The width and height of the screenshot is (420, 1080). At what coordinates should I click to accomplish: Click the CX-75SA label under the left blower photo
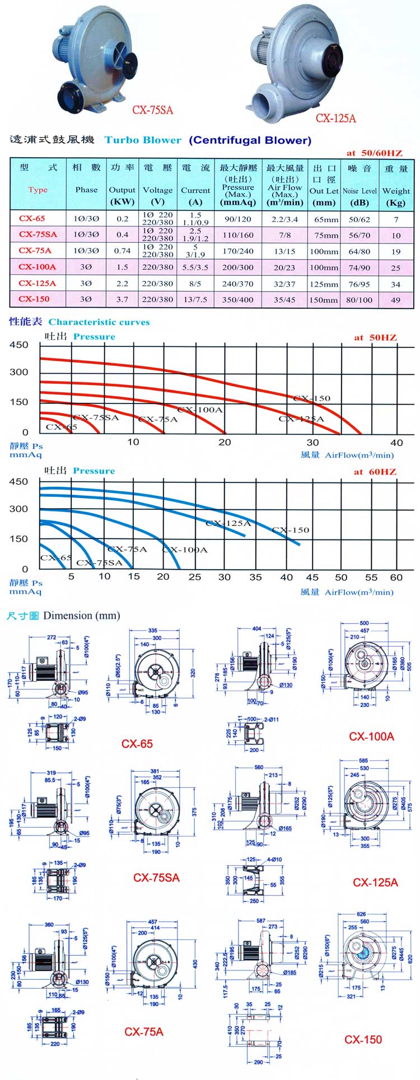[x=152, y=110]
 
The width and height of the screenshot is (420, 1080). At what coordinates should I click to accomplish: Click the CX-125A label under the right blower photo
[x=336, y=118]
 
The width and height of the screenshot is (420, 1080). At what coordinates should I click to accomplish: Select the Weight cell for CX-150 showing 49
[x=396, y=299]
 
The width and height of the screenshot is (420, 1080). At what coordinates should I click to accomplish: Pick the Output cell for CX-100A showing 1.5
[x=122, y=267]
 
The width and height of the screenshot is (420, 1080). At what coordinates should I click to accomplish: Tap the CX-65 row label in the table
[x=32, y=219]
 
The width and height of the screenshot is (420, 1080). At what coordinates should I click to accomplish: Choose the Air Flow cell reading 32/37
[x=285, y=284]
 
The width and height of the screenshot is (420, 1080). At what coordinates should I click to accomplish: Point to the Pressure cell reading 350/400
[x=237, y=299]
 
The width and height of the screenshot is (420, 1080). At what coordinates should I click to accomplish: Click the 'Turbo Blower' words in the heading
[x=143, y=140]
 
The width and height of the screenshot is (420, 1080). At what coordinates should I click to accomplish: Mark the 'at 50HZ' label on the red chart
[x=375, y=337]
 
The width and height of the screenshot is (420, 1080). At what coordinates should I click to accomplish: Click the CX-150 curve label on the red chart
[x=312, y=398]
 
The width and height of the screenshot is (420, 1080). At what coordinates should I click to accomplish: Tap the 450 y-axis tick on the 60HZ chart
[x=18, y=482]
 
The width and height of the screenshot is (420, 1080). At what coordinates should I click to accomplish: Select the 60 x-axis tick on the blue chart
[x=396, y=577]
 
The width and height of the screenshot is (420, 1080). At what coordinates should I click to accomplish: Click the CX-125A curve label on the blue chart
[x=228, y=523]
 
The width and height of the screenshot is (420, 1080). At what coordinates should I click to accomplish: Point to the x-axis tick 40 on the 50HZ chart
[x=396, y=442]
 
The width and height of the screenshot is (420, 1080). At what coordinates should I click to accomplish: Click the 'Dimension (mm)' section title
[x=82, y=616]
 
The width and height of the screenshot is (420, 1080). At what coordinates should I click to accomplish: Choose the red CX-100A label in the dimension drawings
[x=371, y=736]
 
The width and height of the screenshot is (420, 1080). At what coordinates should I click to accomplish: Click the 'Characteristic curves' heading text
[x=99, y=322]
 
